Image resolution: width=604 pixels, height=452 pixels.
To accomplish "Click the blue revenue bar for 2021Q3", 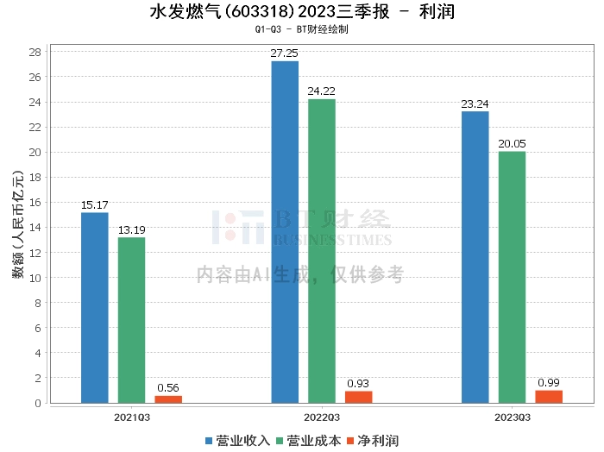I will pos(95,307).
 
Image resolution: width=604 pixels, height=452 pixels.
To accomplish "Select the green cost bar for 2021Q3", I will pos(132,320).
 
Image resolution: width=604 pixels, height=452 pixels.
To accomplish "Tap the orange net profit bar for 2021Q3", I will pos(168,399).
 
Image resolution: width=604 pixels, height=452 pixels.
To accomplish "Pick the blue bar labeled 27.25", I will pos(285,231).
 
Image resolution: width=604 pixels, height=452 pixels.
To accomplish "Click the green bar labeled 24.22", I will pos(322,250).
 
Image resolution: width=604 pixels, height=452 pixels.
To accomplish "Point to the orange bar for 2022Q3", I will pos(359,397).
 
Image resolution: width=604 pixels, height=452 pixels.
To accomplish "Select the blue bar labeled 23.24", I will pos(475,256).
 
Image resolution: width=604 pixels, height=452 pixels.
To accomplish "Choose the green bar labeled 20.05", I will pos(512,277).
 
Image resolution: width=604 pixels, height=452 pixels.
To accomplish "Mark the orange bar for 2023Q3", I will pos(549,396).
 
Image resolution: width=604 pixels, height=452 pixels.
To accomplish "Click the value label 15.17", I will pos(95,205).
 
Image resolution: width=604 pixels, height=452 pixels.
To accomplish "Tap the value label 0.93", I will pos(359,383).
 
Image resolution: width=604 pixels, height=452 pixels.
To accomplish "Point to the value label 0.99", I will pos(549,382).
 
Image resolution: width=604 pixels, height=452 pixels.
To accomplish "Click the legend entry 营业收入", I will pos(238,441).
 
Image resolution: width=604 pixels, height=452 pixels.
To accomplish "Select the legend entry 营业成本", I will pos(308,441).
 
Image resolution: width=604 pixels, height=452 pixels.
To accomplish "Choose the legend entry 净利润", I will pos(373,441).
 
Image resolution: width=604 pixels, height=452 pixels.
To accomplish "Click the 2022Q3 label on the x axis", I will pos(321,417).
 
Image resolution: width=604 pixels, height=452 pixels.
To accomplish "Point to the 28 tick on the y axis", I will pos(35,52).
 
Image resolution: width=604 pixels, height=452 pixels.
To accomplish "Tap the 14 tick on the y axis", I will pos(35,228).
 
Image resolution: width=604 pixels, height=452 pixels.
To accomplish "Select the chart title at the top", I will pos(301,12).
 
